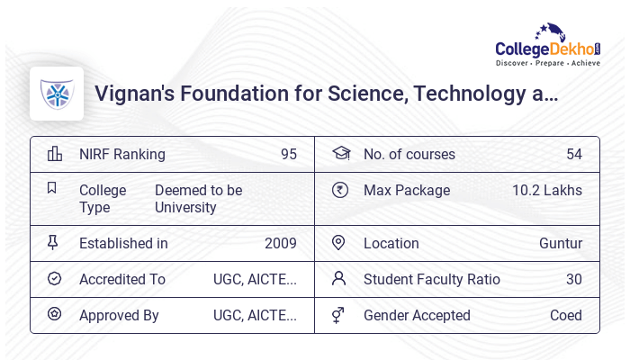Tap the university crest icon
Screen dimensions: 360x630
pyautogui.click(x=56, y=94)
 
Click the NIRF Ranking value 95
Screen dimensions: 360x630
pyautogui.click(x=288, y=154)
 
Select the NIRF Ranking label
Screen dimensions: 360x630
pyautogui.click(x=122, y=154)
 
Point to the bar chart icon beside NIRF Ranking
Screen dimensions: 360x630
pyautogui.click(x=55, y=154)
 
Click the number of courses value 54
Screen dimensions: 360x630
pyautogui.click(x=574, y=154)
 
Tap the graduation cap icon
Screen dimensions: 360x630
pyautogui.click(x=340, y=153)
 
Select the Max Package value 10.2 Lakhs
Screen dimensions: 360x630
pyautogui.click(x=547, y=190)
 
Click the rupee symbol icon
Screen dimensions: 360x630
pyautogui.click(x=339, y=190)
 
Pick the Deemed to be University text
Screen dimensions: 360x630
pyautogui.click(x=198, y=199)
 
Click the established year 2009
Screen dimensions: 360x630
pyautogui.click(x=281, y=243)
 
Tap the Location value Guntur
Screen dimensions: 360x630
pyautogui.click(x=561, y=243)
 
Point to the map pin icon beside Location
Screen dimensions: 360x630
pyautogui.click(x=338, y=242)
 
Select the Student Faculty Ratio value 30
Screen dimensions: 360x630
pyautogui.click(x=574, y=279)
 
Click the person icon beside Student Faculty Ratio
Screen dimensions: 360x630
pyautogui.click(x=338, y=278)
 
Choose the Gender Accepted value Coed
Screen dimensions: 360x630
pyautogui.click(x=566, y=315)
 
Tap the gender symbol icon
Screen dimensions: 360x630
pyautogui.click(x=338, y=314)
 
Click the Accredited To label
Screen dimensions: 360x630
pyautogui.click(x=122, y=279)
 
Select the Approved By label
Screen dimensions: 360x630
pyautogui.click(x=119, y=315)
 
